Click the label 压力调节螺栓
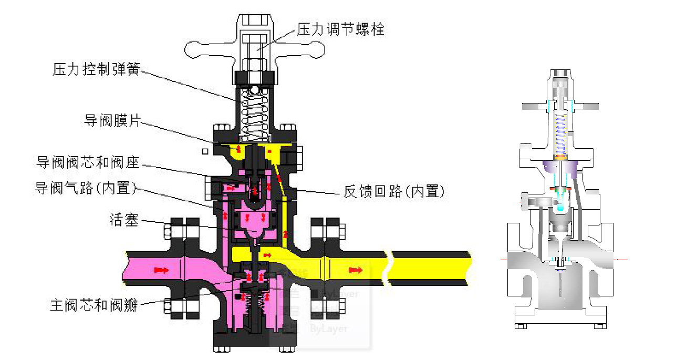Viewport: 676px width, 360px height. pyautogui.click(x=341, y=29)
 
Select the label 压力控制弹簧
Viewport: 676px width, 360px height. pyautogui.click(x=97, y=69)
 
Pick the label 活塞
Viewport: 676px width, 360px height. pyautogui.click(x=124, y=220)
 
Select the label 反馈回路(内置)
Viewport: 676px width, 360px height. pyautogui.click(x=394, y=191)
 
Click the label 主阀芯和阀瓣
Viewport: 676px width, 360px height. pyautogui.click(x=95, y=305)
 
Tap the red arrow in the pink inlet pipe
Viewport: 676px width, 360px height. pyautogui.click(x=161, y=270)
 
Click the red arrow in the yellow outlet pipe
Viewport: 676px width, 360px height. pyautogui.click(x=356, y=270)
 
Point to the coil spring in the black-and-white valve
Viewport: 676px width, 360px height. pyautogui.click(x=254, y=115)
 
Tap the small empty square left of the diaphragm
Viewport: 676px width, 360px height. pyautogui.click(x=206, y=151)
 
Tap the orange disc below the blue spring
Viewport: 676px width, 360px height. pyautogui.click(x=561, y=157)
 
